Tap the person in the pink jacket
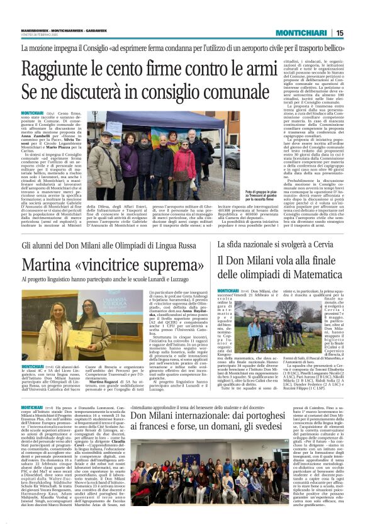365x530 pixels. tap(182, 161)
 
